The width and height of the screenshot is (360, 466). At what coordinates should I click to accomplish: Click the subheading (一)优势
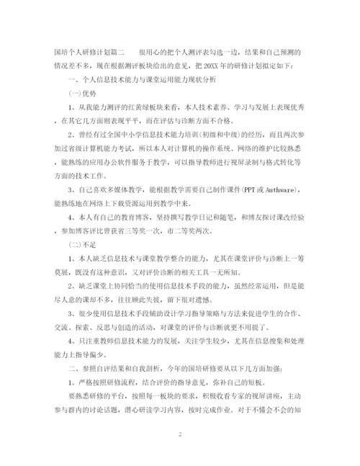point(81,93)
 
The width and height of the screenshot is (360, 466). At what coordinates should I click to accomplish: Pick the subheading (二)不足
point(81,245)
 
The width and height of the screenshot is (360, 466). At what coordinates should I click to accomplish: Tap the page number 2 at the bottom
point(179,434)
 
